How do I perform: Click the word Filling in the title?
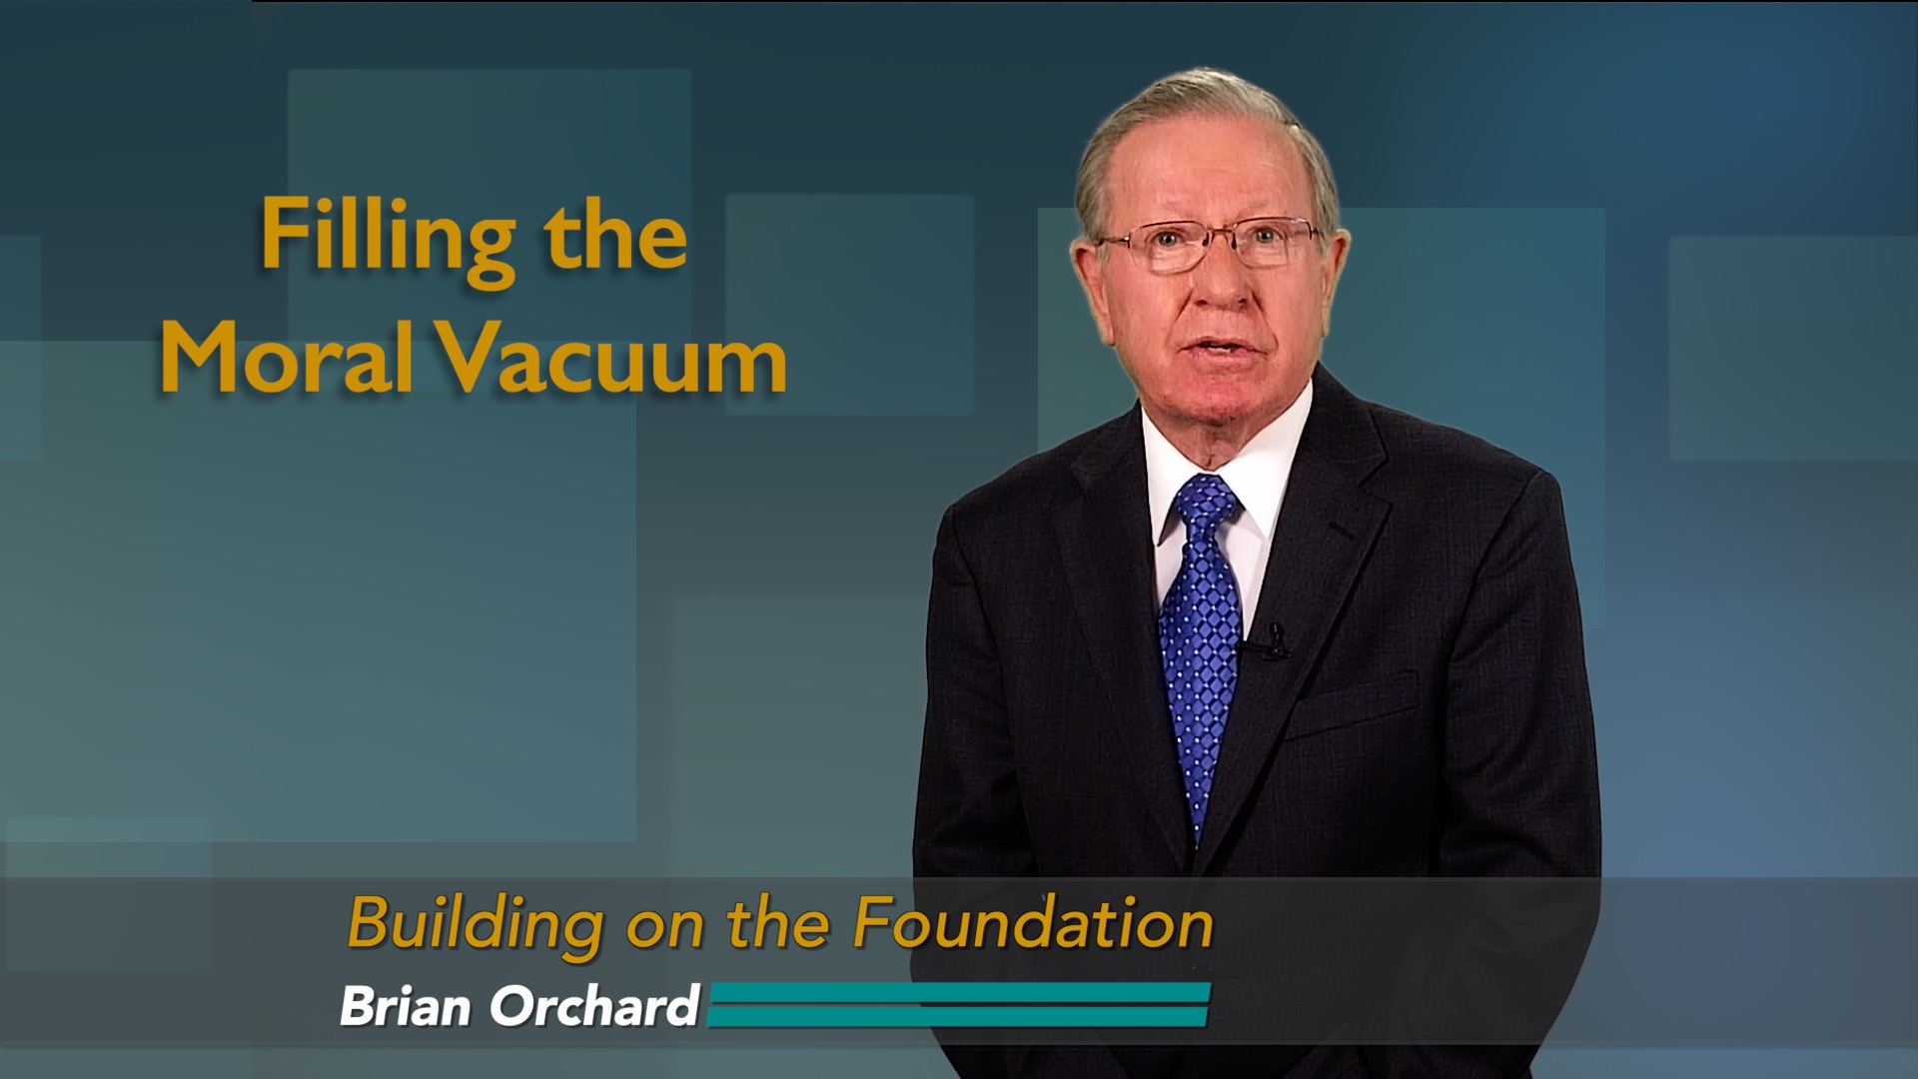click(388, 237)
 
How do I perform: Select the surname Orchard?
click(594, 1005)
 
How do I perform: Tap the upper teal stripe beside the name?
click(959, 992)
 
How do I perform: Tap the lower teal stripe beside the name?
click(959, 1016)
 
